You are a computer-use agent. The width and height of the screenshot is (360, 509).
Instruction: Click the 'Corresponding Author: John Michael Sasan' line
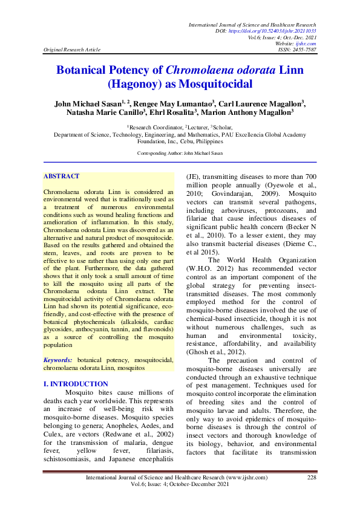coord(180,154)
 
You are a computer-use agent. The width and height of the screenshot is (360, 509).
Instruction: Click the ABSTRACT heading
coord(62,177)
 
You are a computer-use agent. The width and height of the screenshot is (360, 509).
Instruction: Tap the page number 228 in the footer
coord(312,478)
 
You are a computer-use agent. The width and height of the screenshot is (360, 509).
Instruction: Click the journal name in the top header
coord(253,24)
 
